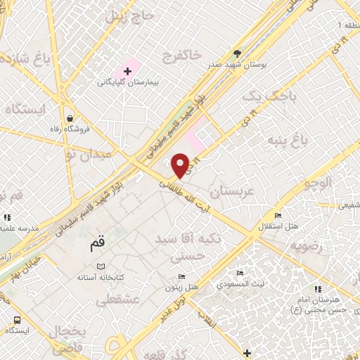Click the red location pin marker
[181, 165]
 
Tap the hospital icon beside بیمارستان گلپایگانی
[128, 70]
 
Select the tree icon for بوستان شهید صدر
[238, 53]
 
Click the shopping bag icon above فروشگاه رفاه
[70, 118]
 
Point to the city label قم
[98, 245]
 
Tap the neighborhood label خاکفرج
[181, 56]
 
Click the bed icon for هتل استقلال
[278, 215]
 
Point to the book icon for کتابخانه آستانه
[103, 266]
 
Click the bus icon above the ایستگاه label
[16, 320]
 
